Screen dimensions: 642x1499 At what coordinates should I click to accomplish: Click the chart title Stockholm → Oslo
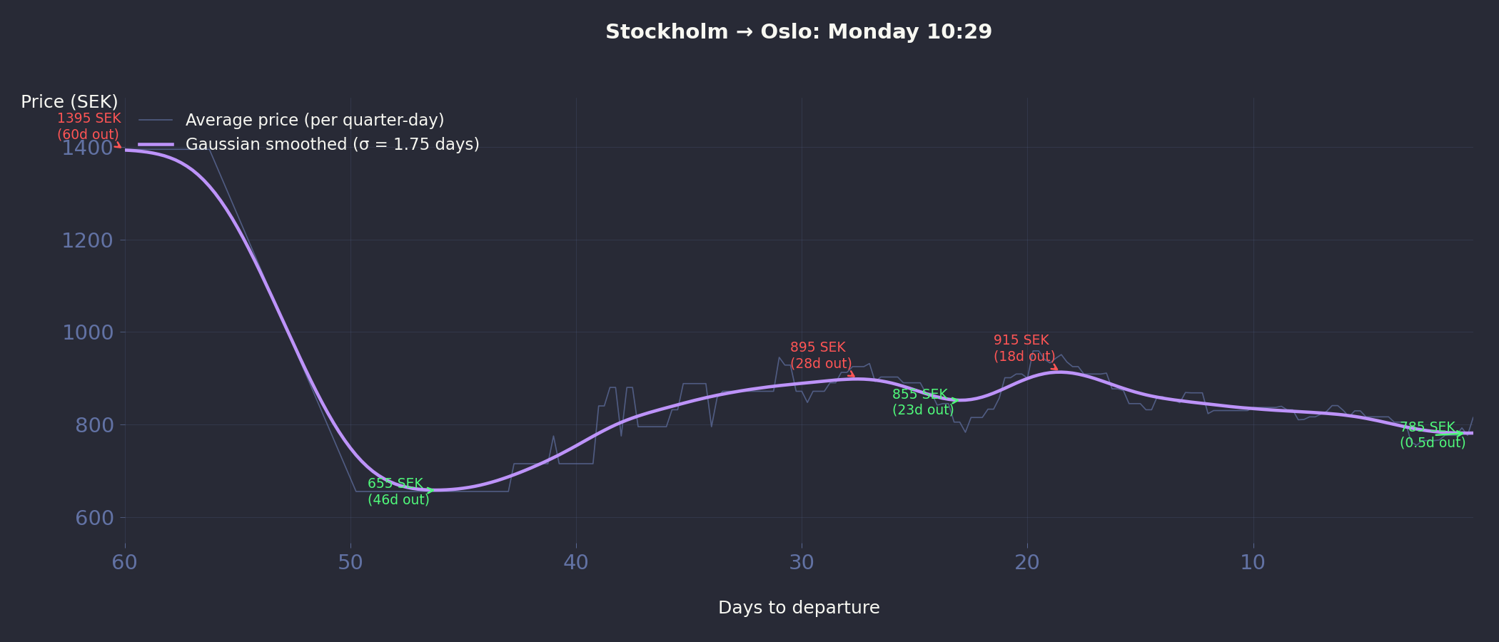798,32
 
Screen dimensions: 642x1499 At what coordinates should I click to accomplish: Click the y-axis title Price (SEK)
69,102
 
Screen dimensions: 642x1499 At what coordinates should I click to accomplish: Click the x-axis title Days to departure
799,608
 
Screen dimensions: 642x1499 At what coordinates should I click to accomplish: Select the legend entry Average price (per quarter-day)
314,120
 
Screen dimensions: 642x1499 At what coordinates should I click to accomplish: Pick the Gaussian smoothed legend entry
332,144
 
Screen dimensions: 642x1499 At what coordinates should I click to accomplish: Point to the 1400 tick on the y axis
87,148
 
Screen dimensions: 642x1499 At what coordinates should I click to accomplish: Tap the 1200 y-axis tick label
87,240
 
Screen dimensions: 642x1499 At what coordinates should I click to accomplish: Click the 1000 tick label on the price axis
87,332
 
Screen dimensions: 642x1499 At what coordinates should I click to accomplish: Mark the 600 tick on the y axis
94,518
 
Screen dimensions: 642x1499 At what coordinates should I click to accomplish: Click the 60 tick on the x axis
125,563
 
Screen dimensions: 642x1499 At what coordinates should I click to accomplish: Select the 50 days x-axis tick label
350,563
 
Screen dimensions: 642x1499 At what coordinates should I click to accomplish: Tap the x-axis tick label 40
576,563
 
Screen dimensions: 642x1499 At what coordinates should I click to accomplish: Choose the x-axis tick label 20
1027,563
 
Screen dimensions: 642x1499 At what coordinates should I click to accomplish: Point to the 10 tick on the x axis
1253,563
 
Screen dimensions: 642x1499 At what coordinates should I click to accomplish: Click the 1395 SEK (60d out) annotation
89,126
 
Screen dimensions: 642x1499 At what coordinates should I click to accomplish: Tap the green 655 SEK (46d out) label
398,491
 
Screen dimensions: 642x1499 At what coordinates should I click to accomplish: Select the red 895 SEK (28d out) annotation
820,355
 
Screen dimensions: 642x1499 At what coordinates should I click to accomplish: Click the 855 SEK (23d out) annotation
922,402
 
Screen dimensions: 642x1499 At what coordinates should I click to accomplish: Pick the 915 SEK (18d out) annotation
1024,348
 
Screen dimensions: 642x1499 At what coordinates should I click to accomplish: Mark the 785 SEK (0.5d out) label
1432,435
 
